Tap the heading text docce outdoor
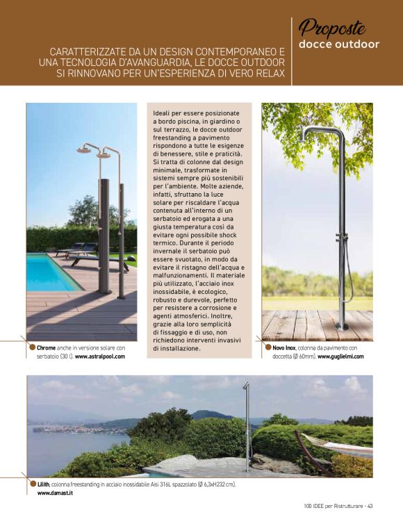[x=339, y=44]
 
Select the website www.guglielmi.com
[x=340, y=356]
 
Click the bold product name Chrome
[x=47, y=347]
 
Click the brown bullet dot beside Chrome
[x=31, y=346]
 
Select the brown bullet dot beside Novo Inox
[x=268, y=346]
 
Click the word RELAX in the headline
[x=268, y=74]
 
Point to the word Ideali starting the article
[x=163, y=113]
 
